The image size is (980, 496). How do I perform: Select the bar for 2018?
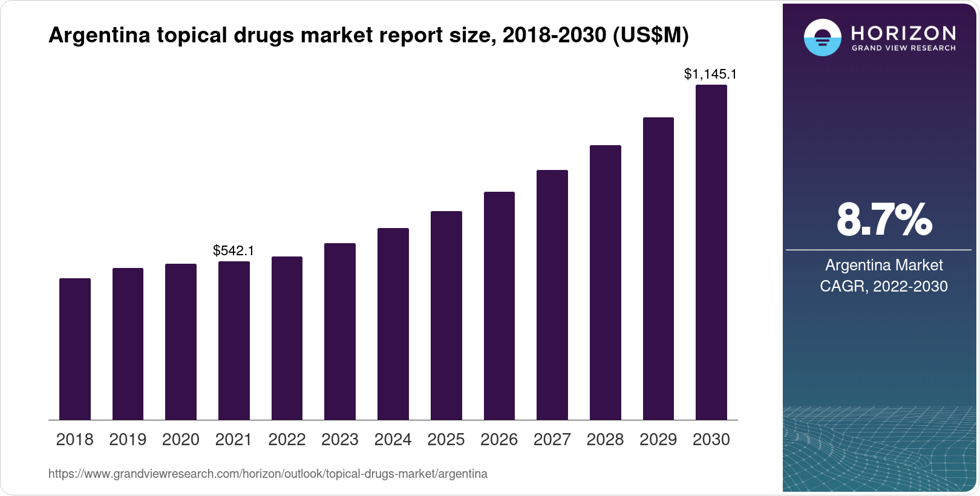coord(75,349)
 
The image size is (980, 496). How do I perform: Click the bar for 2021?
coord(234,341)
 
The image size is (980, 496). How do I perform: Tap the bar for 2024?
coord(393,324)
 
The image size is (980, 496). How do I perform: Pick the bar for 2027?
coord(552,295)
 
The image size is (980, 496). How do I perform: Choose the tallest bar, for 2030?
coord(711,252)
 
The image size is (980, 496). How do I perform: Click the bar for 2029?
coord(658,269)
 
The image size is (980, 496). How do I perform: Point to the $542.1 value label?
coord(234,250)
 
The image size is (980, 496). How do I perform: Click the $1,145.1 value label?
coord(710,74)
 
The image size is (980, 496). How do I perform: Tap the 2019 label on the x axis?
coord(128,440)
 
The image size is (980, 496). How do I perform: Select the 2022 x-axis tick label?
coord(287,440)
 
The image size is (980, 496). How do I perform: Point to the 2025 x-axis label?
coord(446,440)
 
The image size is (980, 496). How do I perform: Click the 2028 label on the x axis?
coord(605,440)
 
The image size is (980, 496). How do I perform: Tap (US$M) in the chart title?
coord(651,35)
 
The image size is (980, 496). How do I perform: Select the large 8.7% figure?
coord(884,220)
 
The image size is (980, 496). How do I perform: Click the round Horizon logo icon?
coord(822,38)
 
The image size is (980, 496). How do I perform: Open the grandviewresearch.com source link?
coord(268,474)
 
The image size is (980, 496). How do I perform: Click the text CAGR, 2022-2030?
coord(884,286)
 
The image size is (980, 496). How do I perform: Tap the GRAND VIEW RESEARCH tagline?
coord(904,48)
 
